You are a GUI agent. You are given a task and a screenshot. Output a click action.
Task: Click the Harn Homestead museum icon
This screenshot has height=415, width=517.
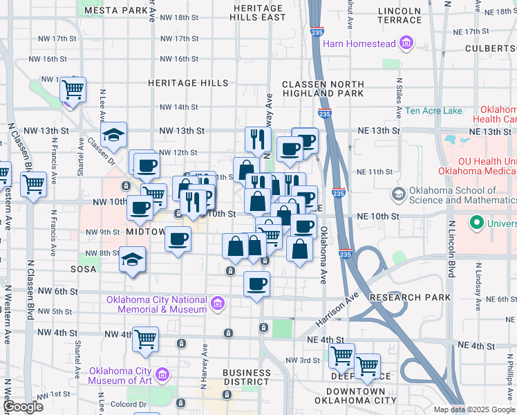click(x=406, y=44)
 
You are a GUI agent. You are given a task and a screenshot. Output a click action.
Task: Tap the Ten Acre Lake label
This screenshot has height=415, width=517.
click(x=433, y=111)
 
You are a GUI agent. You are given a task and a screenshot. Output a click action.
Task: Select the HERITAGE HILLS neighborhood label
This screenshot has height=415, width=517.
click(x=188, y=83)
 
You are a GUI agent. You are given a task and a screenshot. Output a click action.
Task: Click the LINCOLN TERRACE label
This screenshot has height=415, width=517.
click(x=400, y=16)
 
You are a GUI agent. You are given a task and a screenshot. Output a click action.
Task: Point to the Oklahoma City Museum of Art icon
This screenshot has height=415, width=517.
click(x=163, y=376)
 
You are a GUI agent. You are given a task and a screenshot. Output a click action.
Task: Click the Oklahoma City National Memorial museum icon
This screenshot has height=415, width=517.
click(x=217, y=303)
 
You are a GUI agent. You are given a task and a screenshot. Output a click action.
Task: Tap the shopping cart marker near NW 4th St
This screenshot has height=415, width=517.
click(x=146, y=340)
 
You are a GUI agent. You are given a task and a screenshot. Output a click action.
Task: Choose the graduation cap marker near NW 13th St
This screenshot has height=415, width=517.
click(x=113, y=134)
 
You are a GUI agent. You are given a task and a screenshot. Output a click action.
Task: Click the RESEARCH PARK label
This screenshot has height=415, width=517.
click(x=411, y=297)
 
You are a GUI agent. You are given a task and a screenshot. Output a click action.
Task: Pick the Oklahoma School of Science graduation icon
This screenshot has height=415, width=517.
click(x=398, y=195)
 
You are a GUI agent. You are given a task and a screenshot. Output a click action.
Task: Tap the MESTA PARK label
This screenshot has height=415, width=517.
click(x=116, y=10)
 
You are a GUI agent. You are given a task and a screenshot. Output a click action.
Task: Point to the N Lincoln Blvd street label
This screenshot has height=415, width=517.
click(x=452, y=249)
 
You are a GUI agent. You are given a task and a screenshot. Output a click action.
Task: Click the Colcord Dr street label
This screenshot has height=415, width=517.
click(x=133, y=405)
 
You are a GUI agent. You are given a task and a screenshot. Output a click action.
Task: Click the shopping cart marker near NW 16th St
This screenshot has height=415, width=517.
click(x=73, y=89)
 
